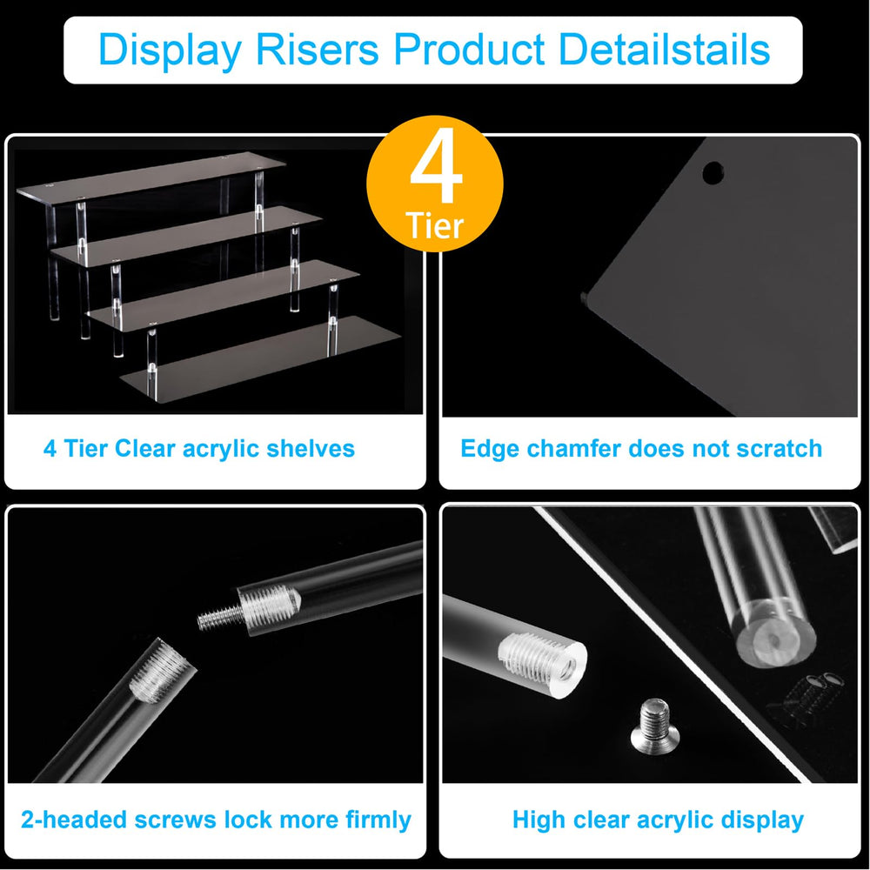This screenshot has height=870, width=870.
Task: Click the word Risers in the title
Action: click(x=317, y=50)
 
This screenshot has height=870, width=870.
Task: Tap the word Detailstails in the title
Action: click(x=664, y=50)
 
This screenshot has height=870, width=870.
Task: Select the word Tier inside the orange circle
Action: click(x=434, y=225)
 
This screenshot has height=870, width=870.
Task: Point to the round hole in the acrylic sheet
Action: click(x=713, y=172)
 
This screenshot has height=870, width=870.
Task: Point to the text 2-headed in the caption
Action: click(x=74, y=820)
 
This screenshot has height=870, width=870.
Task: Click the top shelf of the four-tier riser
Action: click(x=151, y=174)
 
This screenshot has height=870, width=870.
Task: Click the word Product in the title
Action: click(x=469, y=50)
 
